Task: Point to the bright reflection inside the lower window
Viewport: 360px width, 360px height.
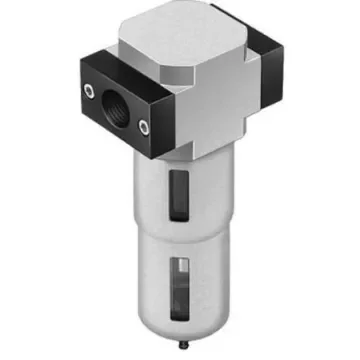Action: tap(177, 268)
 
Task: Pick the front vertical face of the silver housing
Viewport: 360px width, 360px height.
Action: tap(190, 110)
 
